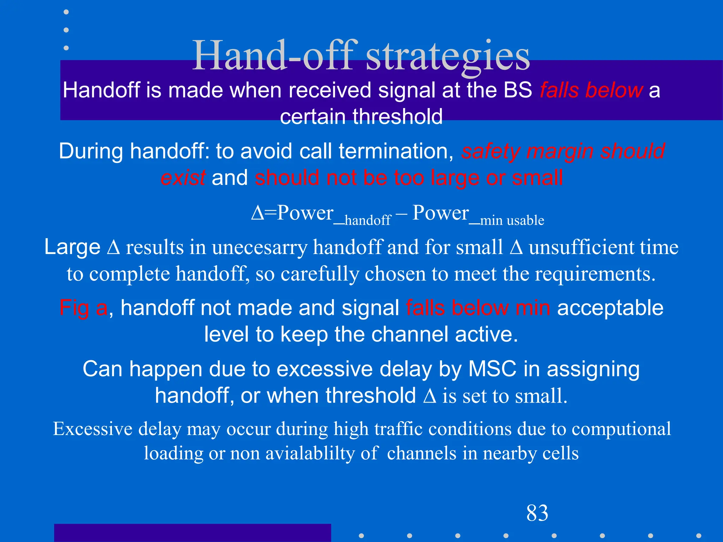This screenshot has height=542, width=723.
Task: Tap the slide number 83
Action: pos(537,513)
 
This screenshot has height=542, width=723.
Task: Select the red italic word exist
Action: pos(183,177)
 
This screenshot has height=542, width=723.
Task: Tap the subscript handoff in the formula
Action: pos(368,220)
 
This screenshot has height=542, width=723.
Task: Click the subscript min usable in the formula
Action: pos(512,220)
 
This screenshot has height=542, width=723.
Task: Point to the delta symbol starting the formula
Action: pos(257,213)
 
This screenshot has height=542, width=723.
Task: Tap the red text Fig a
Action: pos(83,308)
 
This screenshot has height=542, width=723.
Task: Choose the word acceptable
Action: pos(610,308)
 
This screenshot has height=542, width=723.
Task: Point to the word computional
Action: pos(621,429)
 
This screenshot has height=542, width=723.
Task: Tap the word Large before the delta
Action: pos(72,247)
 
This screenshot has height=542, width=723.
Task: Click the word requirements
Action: pos(595,274)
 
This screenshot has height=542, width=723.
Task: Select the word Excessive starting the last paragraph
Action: pos(93,429)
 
